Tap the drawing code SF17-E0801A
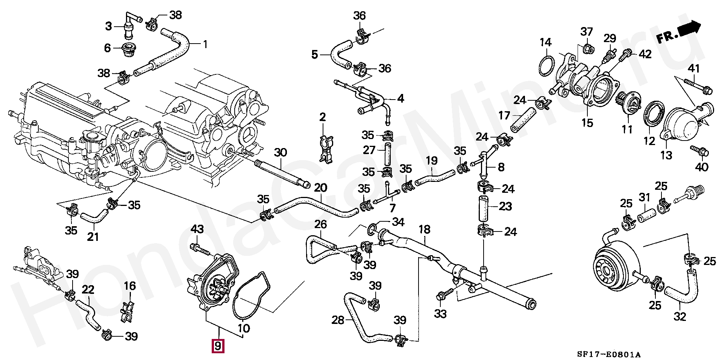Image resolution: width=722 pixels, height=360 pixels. point(609,354)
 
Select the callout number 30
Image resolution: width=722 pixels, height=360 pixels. point(280,153)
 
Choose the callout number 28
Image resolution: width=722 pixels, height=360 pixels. point(338,320)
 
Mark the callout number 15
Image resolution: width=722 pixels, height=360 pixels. point(587,123)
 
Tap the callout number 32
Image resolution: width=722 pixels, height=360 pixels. point(680,316)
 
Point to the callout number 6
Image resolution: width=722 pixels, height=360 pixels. point(108,48)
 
